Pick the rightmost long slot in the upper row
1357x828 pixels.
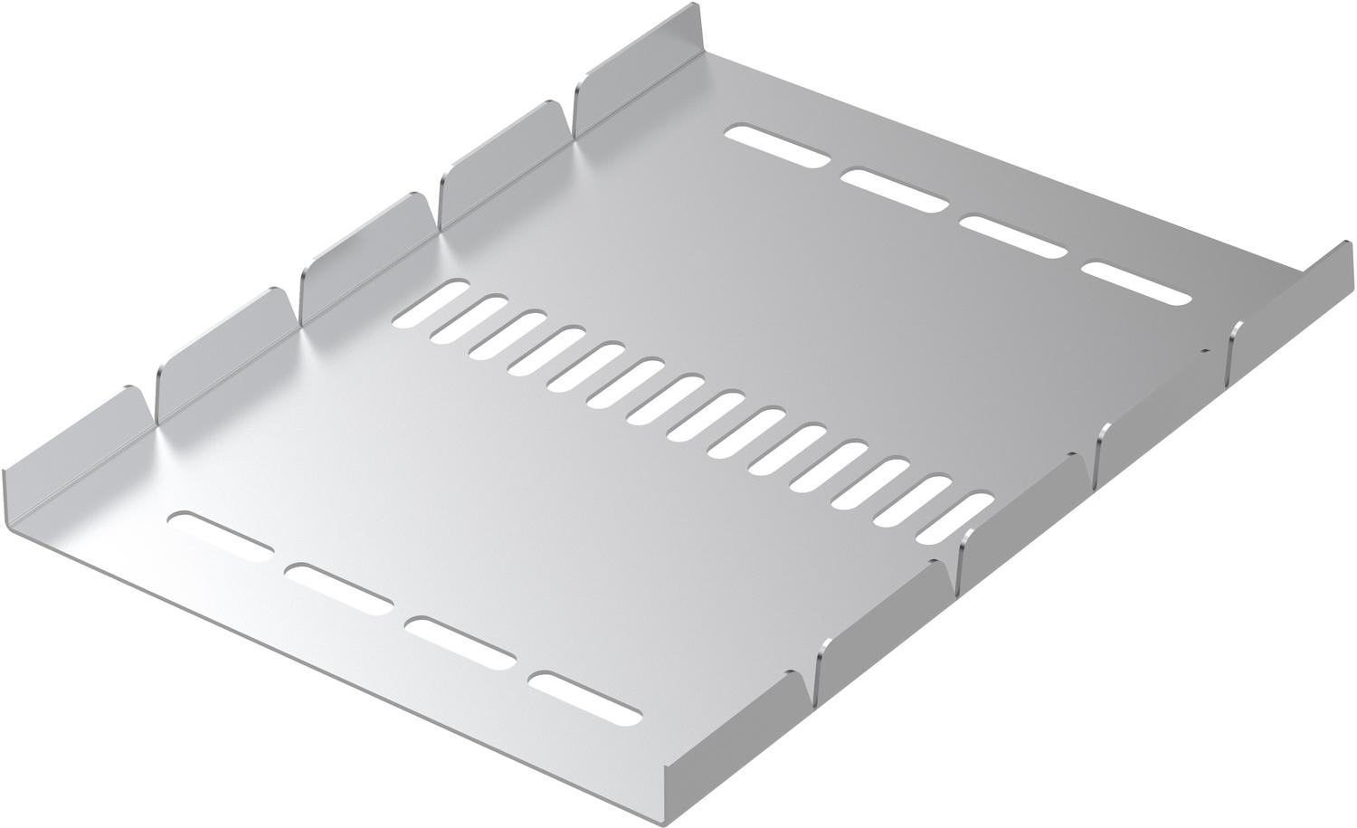point(1135,284)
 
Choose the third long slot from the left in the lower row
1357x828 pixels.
point(460,643)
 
